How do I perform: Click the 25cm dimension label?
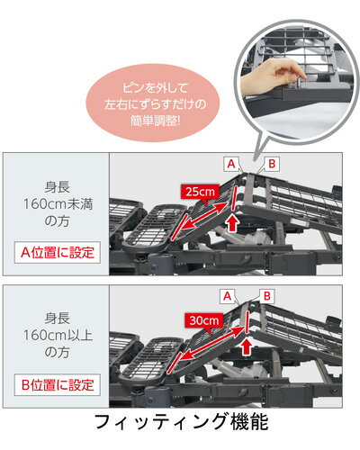200,191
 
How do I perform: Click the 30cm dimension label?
204,320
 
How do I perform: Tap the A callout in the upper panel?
231,164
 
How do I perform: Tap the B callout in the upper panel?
272,164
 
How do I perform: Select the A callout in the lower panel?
228,296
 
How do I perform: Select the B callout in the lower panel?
267,296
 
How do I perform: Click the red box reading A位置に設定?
58,253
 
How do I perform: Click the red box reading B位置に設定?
58,385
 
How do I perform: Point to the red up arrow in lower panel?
247,346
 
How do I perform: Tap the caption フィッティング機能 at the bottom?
181,422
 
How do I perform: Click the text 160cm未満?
58,204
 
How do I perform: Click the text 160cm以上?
58,335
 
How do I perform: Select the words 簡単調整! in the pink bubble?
156,121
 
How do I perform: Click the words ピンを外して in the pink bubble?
155,87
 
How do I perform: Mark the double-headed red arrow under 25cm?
204,219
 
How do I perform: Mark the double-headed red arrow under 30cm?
212,343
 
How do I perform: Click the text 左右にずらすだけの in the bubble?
155,104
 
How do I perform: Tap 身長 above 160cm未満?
58,187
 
